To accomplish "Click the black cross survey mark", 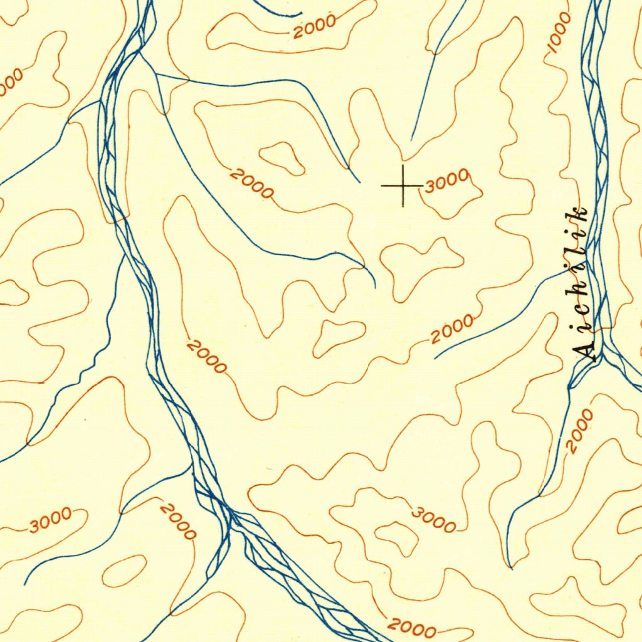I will click(x=403, y=186).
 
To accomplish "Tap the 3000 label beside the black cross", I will click(x=446, y=181).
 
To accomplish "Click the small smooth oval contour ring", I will click(x=125, y=571).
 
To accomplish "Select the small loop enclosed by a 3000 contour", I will click(x=397, y=536).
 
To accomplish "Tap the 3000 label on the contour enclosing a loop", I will click(x=434, y=520).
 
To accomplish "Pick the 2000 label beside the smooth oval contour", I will click(x=177, y=521).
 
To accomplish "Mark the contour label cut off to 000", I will click(x=11, y=82).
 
